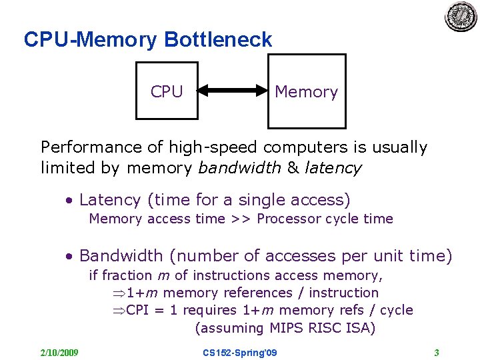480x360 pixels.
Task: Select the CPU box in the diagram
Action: click(x=167, y=91)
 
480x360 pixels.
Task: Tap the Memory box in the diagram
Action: click(x=307, y=91)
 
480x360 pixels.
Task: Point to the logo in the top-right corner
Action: click(x=461, y=16)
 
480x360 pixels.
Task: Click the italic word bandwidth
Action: click(x=240, y=168)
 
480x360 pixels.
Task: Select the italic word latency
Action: click(x=333, y=168)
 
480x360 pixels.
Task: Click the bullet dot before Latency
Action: click(x=69, y=200)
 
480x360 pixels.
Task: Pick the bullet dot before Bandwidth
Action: click(x=69, y=256)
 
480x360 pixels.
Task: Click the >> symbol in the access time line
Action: click(x=240, y=219)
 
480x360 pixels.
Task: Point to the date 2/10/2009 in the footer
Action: click(x=59, y=352)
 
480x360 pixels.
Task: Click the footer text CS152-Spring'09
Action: click(x=240, y=352)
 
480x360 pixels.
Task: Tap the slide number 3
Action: click(x=436, y=352)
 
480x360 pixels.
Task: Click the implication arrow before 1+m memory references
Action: click(x=118, y=293)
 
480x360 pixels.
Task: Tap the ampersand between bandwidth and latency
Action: click(x=293, y=168)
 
